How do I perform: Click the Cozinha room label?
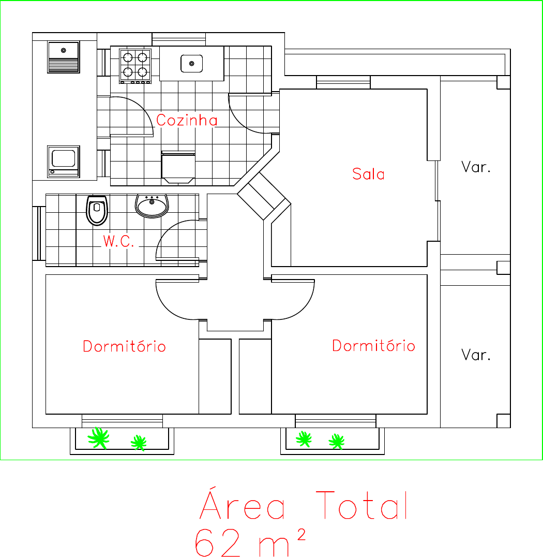187,120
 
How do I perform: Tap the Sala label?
368,174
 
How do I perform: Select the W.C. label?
118,241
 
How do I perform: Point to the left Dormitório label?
124,346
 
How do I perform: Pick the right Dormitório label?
373,345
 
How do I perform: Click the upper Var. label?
476,167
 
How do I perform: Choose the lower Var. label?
476,355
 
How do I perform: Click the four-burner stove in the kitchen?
135,66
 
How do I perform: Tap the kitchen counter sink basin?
192,64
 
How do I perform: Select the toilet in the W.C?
97,210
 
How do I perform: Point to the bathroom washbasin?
152,206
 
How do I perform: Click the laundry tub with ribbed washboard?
64,57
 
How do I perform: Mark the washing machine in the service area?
64,162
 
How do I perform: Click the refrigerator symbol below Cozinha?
178,167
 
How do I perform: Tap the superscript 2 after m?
301,534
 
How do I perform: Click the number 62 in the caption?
218,543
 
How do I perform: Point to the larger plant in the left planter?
99,437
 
